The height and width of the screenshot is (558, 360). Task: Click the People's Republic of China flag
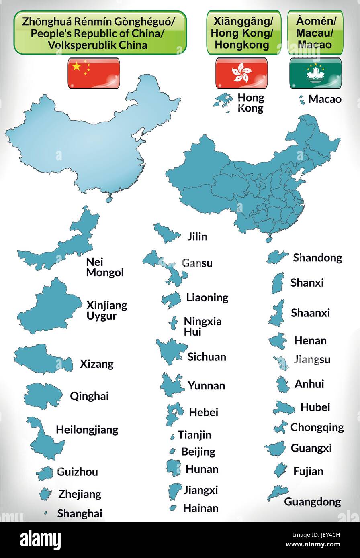coord(94,73)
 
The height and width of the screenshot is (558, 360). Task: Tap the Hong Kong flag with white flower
coord(241,73)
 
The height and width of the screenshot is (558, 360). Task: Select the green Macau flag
coord(315,73)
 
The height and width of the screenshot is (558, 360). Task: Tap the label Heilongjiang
coord(87,430)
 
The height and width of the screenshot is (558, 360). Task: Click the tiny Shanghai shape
coord(46,513)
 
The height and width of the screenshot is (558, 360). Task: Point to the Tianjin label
coord(194,435)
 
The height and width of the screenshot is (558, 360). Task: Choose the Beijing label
coord(198,452)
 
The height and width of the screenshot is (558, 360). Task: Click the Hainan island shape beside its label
coord(173,508)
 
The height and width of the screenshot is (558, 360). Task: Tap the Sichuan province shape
coord(171,350)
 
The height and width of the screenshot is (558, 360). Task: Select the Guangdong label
coord(312,502)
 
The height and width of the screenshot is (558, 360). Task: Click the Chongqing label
coord(317,427)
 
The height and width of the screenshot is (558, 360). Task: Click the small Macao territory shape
coord(301,100)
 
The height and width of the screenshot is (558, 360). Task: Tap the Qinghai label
coord(89,396)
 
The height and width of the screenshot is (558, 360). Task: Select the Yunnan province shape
coord(172,385)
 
